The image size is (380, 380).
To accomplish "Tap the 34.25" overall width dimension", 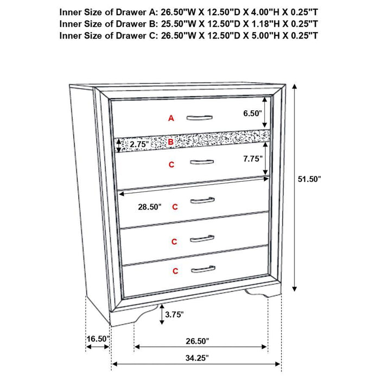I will (x=196, y=358).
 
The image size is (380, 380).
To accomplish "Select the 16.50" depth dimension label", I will (x=98, y=339).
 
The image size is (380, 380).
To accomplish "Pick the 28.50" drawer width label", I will (x=149, y=207).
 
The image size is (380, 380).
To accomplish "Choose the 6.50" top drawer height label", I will (x=253, y=113).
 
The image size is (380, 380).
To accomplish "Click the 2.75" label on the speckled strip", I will (x=139, y=144).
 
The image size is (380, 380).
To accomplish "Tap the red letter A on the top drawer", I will (x=171, y=118).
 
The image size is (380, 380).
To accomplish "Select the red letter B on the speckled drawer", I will (x=171, y=142).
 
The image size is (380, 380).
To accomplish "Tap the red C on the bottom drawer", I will (x=175, y=270).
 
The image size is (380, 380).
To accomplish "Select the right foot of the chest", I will (x=259, y=294).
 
